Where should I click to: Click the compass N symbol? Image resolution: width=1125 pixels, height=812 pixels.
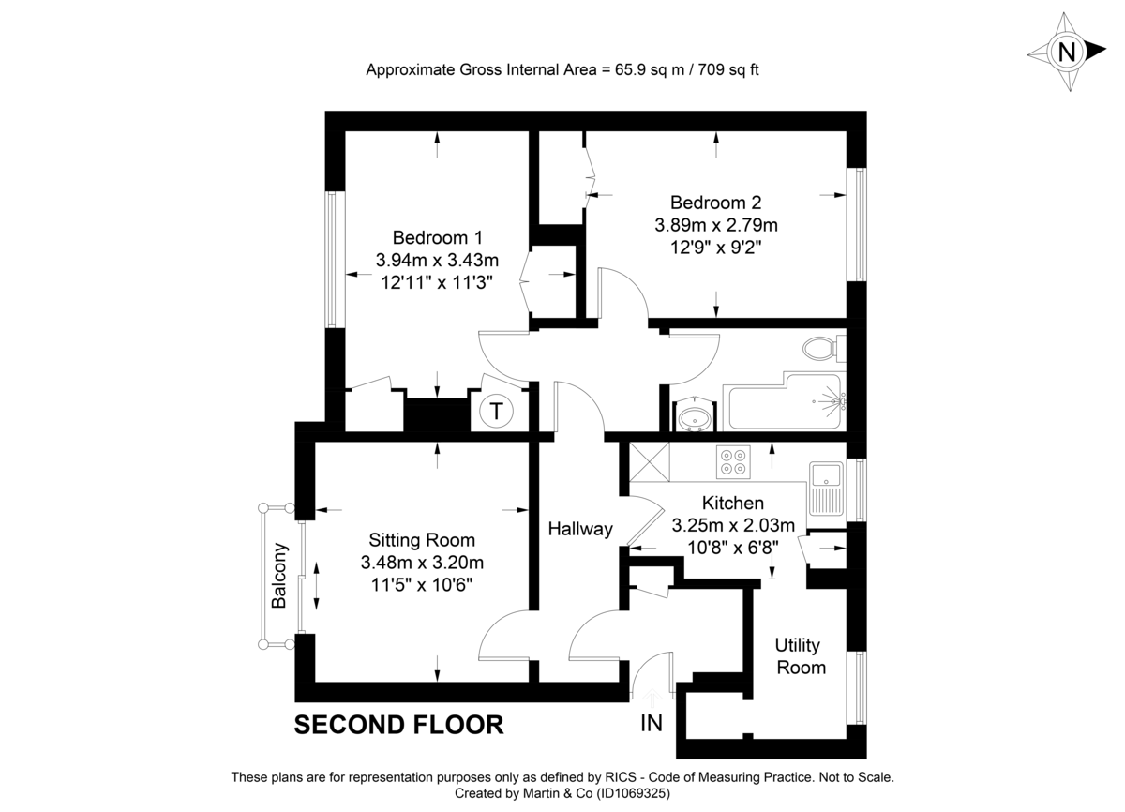pyautogui.click(x=1066, y=52)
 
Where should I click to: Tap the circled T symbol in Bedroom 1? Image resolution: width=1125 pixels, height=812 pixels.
pyautogui.click(x=497, y=411)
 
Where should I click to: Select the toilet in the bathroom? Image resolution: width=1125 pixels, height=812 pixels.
pyautogui.click(x=822, y=349)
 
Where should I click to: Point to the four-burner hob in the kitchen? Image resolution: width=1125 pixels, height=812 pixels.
pyautogui.click(x=733, y=459)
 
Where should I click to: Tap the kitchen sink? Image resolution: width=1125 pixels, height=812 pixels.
pyautogui.click(x=828, y=488)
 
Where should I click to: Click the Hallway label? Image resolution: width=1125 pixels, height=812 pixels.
pyautogui.click(x=580, y=529)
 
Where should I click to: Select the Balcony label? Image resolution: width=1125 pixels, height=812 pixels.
pyautogui.click(x=279, y=576)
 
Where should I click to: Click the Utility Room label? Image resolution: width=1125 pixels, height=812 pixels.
pyautogui.click(x=800, y=656)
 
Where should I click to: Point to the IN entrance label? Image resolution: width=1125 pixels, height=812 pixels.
pyautogui.click(x=652, y=723)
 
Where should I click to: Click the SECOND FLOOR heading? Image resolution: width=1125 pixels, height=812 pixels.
pyautogui.click(x=398, y=725)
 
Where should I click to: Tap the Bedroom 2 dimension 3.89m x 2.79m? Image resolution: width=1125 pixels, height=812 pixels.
pyautogui.click(x=716, y=225)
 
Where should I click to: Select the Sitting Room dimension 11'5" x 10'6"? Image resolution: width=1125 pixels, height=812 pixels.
pyautogui.click(x=422, y=583)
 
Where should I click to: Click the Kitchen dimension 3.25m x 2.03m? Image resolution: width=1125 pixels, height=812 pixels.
pyautogui.click(x=733, y=525)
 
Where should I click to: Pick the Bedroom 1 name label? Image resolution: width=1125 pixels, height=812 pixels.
pyautogui.click(x=437, y=236)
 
